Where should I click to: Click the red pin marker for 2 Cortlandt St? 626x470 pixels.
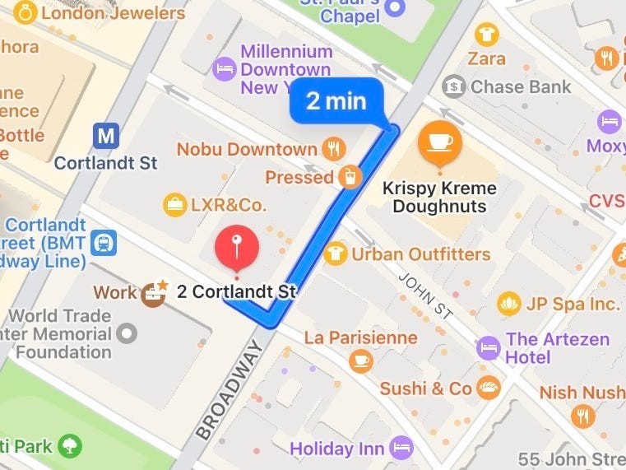pyautogui.click(x=236, y=247)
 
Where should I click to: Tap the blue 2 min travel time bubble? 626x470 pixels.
pyautogui.click(x=336, y=101)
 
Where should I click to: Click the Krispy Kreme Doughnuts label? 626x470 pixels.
pyautogui.click(x=439, y=197)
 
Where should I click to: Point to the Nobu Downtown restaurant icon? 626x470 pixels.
pyautogui.click(x=333, y=149)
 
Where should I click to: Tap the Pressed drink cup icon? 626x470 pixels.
pyautogui.click(x=350, y=177)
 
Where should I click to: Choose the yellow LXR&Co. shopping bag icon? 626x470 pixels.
pyautogui.click(x=174, y=203)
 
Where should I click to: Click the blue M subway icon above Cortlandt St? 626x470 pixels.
pyautogui.click(x=105, y=136)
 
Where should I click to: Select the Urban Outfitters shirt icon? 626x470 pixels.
pyautogui.click(x=335, y=254)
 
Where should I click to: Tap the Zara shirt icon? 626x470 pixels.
pyautogui.click(x=487, y=35)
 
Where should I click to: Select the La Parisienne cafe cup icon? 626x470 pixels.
pyautogui.click(x=360, y=361)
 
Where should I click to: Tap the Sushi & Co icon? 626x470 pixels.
pyautogui.click(x=489, y=389)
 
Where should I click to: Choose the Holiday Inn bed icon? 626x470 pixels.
pyautogui.click(x=401, y=448)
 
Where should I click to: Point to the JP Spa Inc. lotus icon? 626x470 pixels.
pyautogui.click(x=510, y=304)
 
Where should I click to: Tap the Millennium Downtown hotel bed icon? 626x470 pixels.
pyautogui.click(x=223, y=68)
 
